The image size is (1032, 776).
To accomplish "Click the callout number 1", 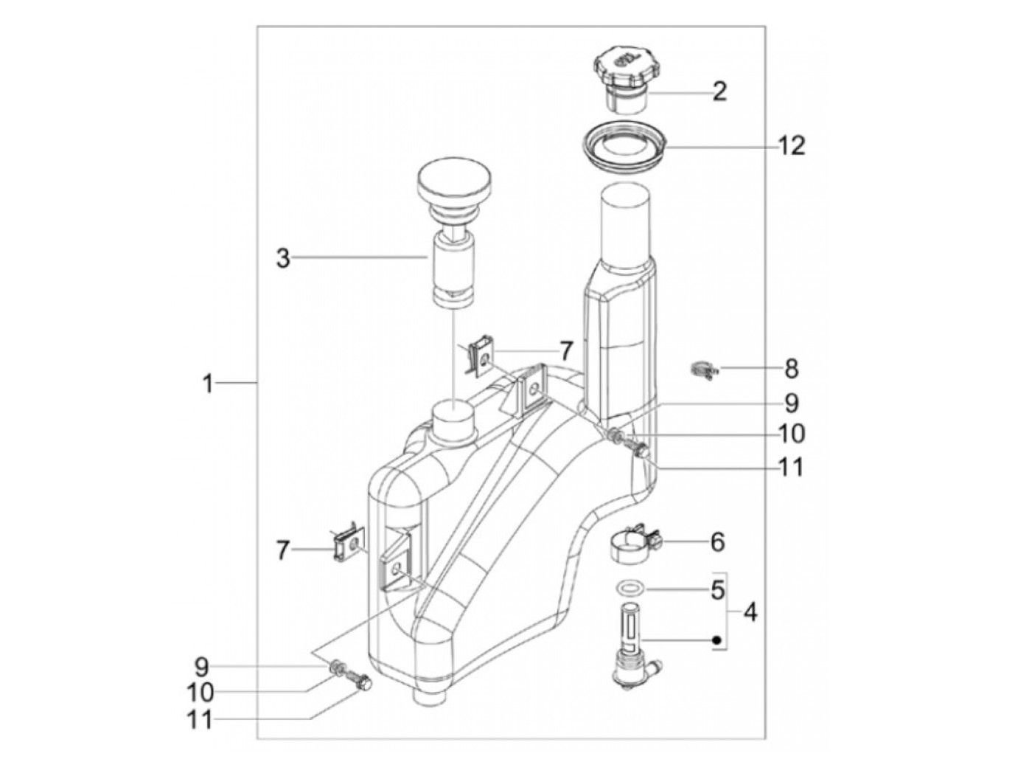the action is (208, 384).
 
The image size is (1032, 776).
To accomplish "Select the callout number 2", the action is (719, 91).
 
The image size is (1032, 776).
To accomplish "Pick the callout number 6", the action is (717, 541).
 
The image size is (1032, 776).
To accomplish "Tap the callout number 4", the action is (750, 613).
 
